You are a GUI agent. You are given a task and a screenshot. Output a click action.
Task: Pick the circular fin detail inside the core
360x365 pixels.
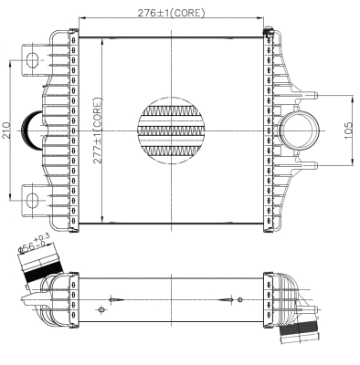point(171,129)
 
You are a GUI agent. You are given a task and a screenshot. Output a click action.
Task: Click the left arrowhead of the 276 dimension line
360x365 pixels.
point(82,18)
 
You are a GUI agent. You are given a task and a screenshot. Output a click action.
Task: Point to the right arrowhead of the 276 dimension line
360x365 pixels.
point(260,18)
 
